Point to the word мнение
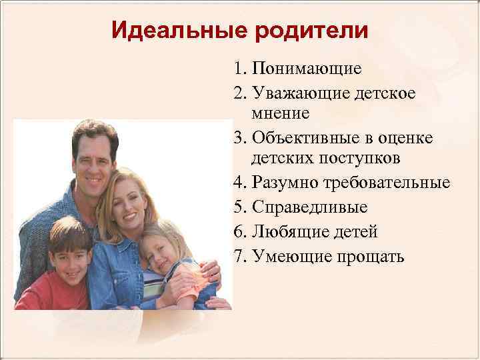pyautogui.click(x=281, y=113)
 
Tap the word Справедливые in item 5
pyautogui.click(x=310, y=207)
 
